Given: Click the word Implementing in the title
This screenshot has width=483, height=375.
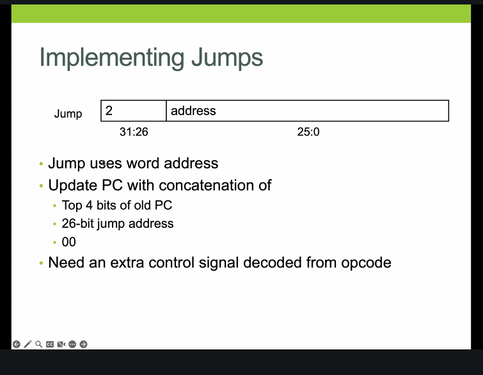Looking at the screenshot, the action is pyautogui.click(x=112, y=58).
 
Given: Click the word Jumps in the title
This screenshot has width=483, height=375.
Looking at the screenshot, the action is pyautogui.click(x=227, y=58).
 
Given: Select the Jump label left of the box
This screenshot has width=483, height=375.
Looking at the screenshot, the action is pyautogui.click(x=68, y=114).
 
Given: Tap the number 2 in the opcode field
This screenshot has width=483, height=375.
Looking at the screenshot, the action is pyautogui.click(x=109, y=110).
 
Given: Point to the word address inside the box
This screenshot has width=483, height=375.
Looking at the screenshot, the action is pyautogui.click(x=193, y=111).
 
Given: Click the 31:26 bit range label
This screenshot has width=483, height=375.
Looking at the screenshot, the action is pyautogui.click(x=134, y=132).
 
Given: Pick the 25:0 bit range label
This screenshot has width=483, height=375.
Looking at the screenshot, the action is pyautogui.click(x=308, y=132).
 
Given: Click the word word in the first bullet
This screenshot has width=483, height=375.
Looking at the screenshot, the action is pyautogui.click(x=143, y=163).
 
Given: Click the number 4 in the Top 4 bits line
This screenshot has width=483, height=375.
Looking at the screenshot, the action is pyautogui.click(x=89, y=205).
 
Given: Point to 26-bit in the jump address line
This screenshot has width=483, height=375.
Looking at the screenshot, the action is pyautogui.click(x=77, y=223).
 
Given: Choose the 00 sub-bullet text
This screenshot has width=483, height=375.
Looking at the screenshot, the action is pyautogui.click(x=68, y=242).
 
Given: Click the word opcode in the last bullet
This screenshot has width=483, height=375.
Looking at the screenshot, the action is pyautogui.click(x=366, y=264).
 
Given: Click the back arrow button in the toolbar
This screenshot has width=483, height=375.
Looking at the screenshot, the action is pyautogui.click(x=17, y=344).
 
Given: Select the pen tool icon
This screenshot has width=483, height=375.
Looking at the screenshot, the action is pyautogui.click(x=28, y=344).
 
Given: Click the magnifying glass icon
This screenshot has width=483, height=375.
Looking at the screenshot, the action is pyautogui.click(x=39, y=344).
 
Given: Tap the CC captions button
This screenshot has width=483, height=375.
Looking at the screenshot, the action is pyautogui.click(x=50, y=344).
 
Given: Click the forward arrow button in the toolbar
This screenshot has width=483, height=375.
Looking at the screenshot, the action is pyautogui.click(x=83, y=344).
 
